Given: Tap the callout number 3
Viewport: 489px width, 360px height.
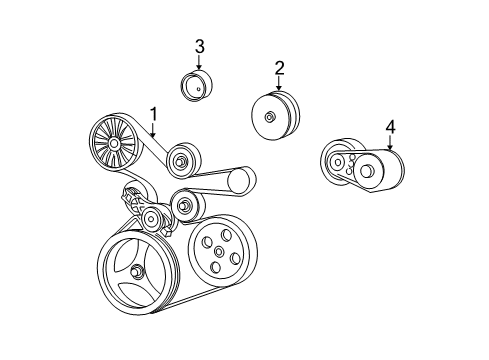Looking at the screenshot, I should click(x=199, y=46).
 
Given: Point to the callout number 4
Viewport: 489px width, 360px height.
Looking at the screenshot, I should click(x=390, y=126).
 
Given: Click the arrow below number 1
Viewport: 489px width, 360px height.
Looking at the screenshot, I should click(x=154, y=130).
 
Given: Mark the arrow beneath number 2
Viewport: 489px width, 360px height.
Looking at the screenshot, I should click(x=279, y=85).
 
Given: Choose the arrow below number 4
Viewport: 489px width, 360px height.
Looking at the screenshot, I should click(x=390, y=144).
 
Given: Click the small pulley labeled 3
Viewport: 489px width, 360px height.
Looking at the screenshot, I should click(x=197, y=88).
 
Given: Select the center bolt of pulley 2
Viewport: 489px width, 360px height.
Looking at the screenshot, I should click(x=271, y=117).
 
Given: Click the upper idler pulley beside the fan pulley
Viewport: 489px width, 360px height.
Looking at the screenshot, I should click(x=183, y=159).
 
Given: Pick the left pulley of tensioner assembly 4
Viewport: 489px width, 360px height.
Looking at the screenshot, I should click(x=338, y=162).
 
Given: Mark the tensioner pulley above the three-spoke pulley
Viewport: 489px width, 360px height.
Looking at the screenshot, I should click(x=151, y=219).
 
